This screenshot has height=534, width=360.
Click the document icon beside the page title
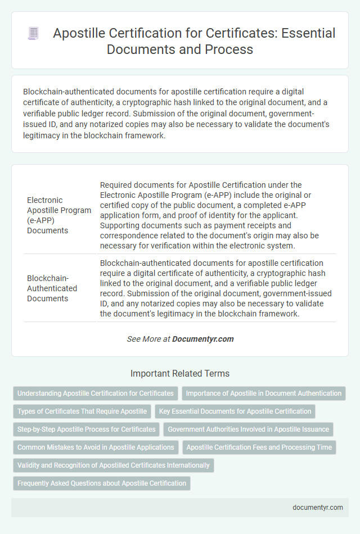pos(33,34)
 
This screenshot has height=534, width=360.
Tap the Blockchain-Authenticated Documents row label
pos(52,288)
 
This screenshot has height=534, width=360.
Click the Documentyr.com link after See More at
pos(202,339)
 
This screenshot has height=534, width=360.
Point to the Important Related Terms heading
pos(180,373)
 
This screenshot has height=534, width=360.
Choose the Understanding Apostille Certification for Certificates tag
pos(96,393)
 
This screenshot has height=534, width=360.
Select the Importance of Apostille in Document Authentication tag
pos(263,393)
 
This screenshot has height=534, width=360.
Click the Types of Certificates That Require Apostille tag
pos(82,411)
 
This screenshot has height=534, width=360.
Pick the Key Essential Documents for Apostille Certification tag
pos(235,411)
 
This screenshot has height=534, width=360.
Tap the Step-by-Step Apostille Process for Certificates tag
pos(87,429)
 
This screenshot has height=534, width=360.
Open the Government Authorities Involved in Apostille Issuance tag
pos(249,429)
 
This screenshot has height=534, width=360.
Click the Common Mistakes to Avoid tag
pos(96,447)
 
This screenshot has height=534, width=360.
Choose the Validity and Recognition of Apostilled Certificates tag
pos(114,465)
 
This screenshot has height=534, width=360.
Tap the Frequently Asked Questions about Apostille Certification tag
pos(102,483)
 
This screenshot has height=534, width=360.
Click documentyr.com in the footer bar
pos(318,507)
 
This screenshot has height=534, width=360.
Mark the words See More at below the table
pos(148,339)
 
